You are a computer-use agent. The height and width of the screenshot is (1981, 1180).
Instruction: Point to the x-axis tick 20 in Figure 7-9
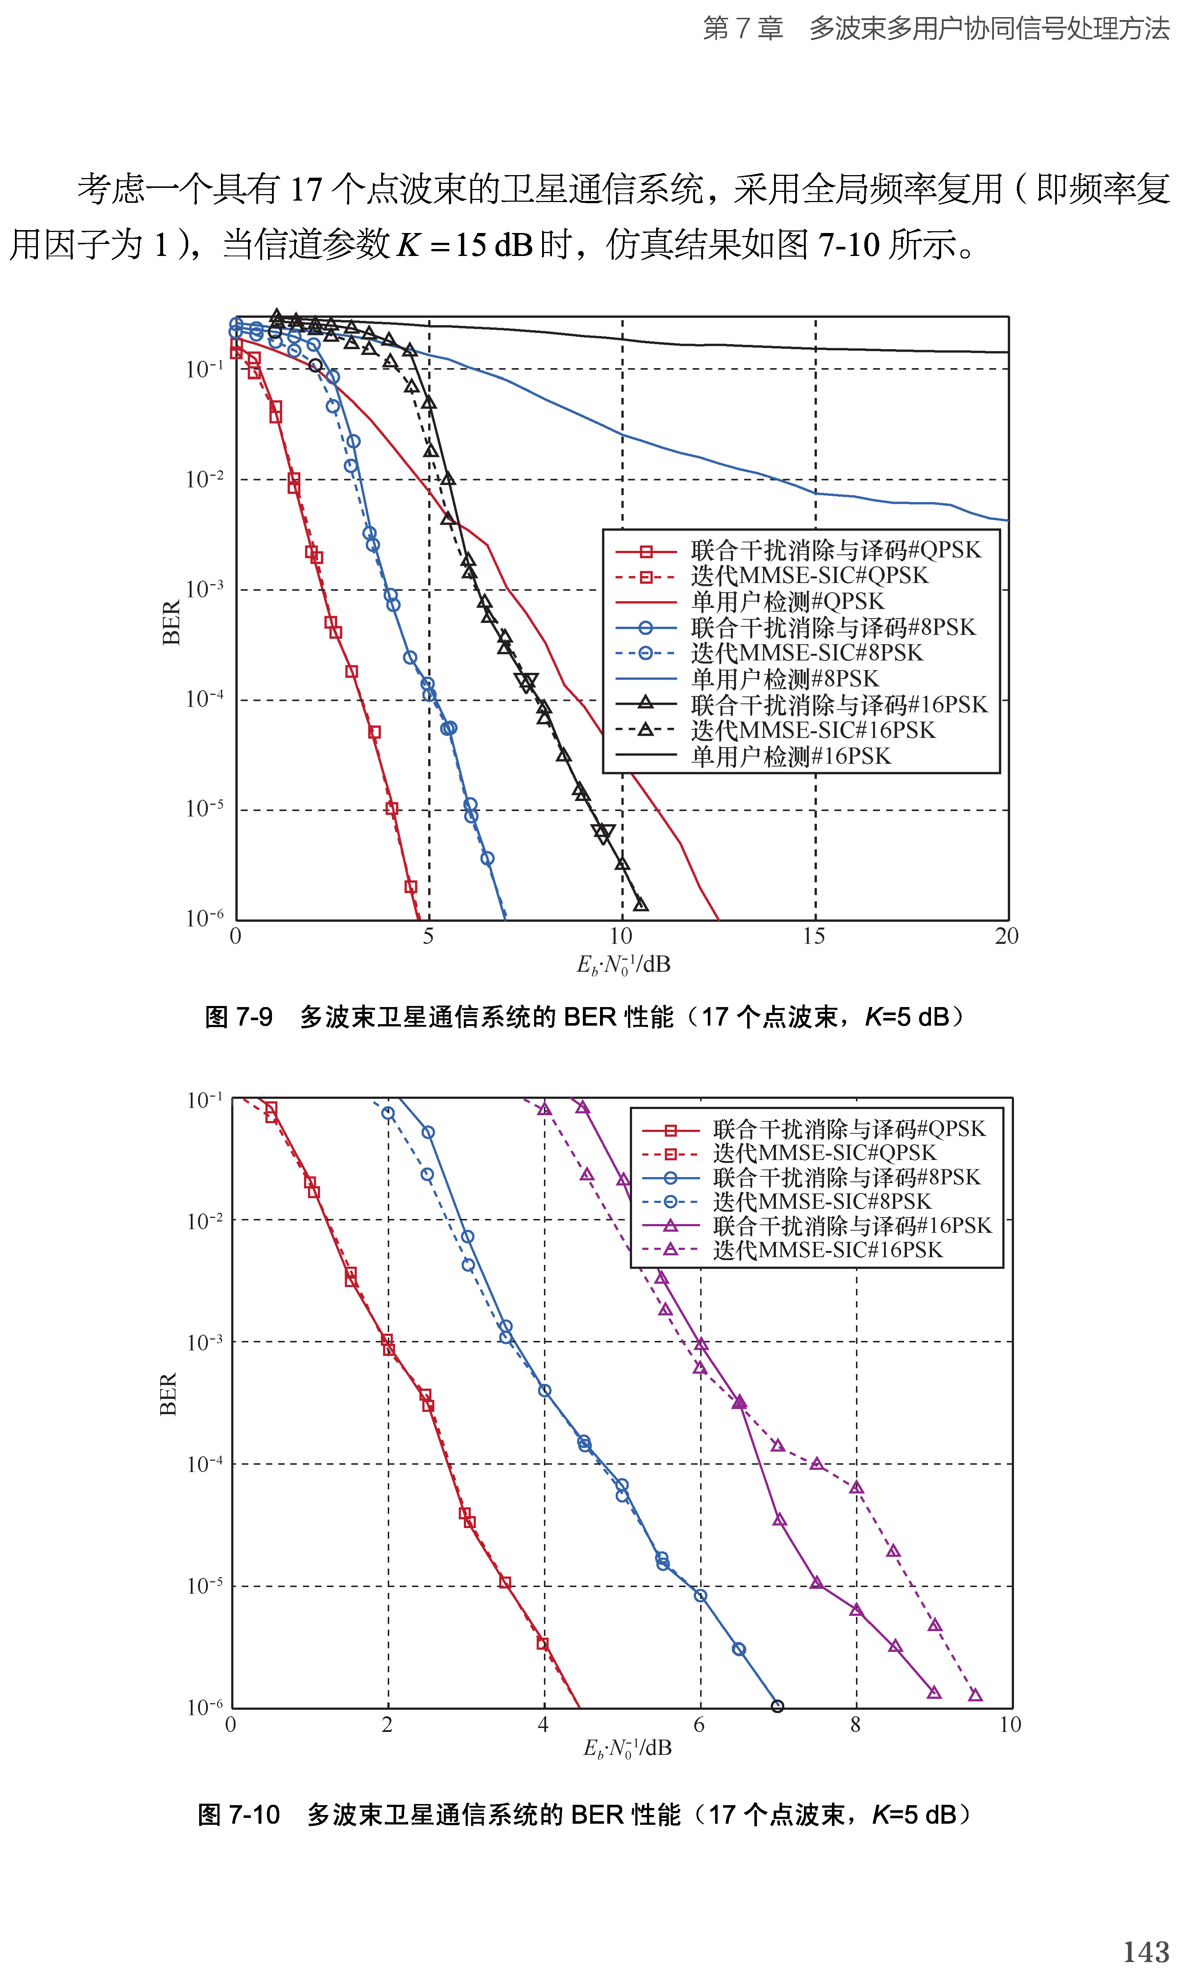pyautogui.click(x=1007, y=936)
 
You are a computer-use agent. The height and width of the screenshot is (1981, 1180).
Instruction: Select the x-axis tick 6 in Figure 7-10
pyautogui.click(x=699, y=1724)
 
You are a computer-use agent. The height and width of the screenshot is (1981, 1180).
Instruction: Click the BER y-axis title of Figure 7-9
pyautogui.click(x=171, y=623)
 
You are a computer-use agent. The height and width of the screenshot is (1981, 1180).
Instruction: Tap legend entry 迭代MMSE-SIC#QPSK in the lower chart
pyautogui.click(x=825, y=1153)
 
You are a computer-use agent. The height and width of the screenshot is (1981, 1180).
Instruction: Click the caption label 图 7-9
pyautogui.click(x=238, y=1017)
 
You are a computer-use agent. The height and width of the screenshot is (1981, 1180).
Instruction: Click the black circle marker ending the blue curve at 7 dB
pyautogui.click(x=778, y=1706)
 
